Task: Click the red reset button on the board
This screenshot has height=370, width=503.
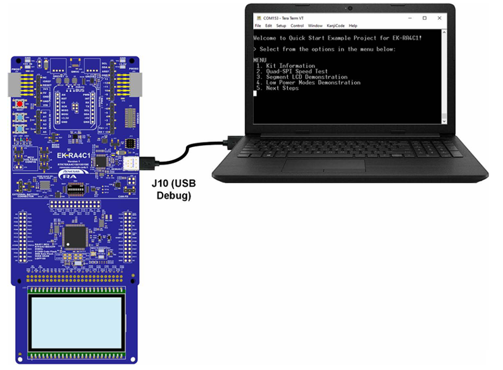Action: [20, 104]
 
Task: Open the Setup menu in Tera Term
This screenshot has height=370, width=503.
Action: [281, 26]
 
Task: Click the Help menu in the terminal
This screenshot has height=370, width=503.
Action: [353, 26]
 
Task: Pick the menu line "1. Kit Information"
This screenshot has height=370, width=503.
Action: [285, 66]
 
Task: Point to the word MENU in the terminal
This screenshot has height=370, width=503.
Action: [259, 60]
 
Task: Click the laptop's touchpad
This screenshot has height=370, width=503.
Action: [323, 165]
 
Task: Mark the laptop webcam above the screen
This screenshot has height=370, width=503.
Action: [349, 7]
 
